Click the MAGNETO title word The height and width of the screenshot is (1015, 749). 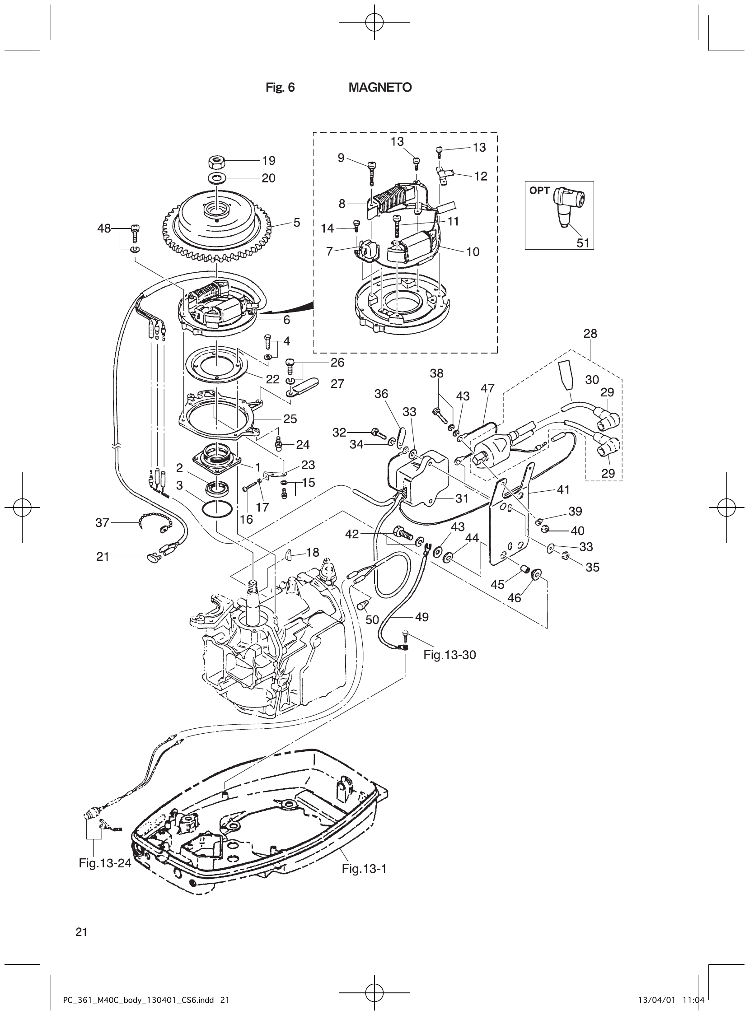point(380,88)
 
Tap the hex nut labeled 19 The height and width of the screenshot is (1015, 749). point(217,161)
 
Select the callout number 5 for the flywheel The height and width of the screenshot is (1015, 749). point(296,223)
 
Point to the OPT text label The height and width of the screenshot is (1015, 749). point(539,191)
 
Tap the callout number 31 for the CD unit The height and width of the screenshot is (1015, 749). point(462,498)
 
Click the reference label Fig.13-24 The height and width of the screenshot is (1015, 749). point(105,863)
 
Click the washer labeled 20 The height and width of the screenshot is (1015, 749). point(218,177)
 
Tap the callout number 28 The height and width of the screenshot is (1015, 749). point(590,334)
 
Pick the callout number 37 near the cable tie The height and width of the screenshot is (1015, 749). point(102,523)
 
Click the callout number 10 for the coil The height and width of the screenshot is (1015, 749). point(473,251)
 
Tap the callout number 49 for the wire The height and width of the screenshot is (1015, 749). point(421,617)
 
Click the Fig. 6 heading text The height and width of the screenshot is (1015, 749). point(280,88)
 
